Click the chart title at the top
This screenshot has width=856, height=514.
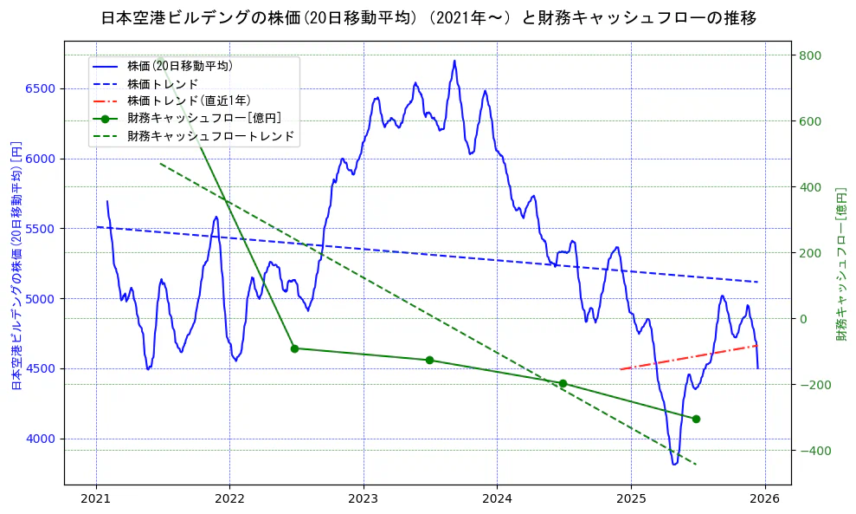[428, 18]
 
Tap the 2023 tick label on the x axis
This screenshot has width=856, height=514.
[364, 499]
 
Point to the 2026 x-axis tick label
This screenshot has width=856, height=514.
[764, 499]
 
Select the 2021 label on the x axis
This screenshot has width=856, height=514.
[96, 499]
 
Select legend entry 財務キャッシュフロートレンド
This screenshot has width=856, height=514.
[211, 136]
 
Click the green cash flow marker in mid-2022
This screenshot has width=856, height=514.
[294, 348]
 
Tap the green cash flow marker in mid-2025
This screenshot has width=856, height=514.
[696, 419]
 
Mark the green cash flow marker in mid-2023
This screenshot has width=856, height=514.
[429, 360]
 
